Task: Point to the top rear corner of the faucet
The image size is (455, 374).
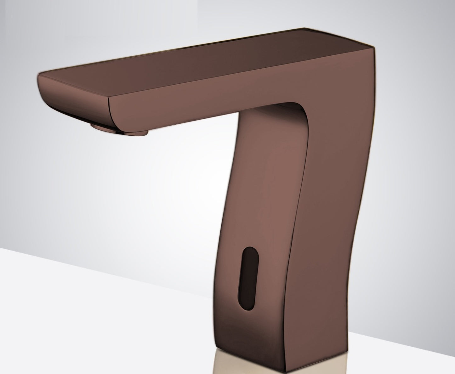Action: coord(373,47)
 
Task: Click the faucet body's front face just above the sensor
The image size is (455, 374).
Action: coord(255,220)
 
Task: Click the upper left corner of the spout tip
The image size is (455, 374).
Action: coord(39,75)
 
